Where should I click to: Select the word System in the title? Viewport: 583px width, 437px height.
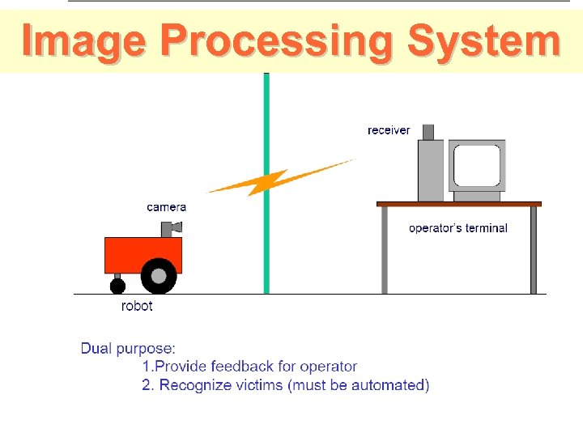click(x=483, y=40)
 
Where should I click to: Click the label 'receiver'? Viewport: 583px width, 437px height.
click(x=389, y=130)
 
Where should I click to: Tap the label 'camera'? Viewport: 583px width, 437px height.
click(x=166, y=207)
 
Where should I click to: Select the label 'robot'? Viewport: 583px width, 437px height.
click(x=137, y=306)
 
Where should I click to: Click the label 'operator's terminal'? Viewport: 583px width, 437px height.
click(x=457, y=228)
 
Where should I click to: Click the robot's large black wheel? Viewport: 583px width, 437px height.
click(x=159, y=276)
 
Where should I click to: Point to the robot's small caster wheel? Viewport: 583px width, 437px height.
click(x=118, y=286)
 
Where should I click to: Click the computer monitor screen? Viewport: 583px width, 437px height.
click(x=478, y=166)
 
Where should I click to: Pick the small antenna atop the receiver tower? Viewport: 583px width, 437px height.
click(x=428, y=132)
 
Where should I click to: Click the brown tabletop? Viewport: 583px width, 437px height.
click(x=458, y=204)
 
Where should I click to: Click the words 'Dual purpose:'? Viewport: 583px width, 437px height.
click(x=128, y=349)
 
